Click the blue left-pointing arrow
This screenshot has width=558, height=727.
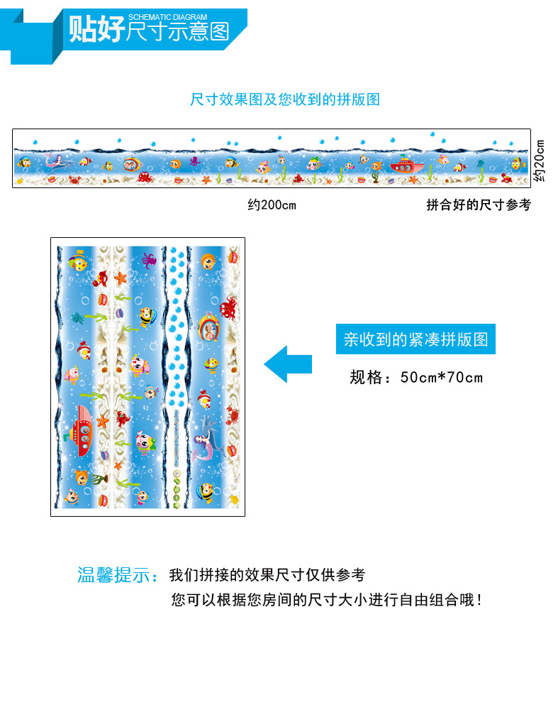click(287, 364)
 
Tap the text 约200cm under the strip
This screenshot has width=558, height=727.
click(272, 205)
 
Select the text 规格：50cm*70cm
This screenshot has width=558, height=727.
click(415, 377)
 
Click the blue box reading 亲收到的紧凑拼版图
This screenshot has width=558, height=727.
click(415, 339)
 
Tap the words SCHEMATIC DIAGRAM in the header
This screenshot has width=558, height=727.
click(168, 17)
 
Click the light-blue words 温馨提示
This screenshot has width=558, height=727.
click(118, 575)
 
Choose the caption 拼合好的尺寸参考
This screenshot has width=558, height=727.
click(478, 205)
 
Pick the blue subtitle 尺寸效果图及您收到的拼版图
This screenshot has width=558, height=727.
click(285, 99)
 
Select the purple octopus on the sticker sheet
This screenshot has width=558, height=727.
click(148, 259)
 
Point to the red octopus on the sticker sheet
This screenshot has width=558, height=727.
click(229, 309)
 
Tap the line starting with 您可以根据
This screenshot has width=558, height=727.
click(327, 600)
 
